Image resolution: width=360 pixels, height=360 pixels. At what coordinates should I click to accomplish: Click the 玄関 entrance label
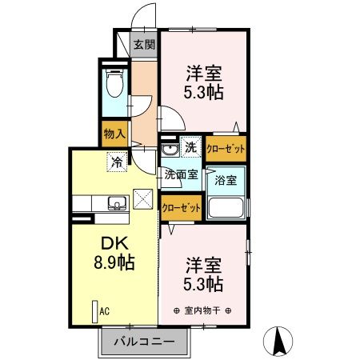click(x=144, y=46)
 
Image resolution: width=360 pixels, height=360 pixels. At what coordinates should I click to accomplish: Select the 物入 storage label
click(x=114, y=134)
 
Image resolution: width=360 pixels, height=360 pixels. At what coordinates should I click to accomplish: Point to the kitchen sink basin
click(x=117, y=203)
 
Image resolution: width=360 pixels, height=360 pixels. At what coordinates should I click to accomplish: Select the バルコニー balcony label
click(x=143, y=340)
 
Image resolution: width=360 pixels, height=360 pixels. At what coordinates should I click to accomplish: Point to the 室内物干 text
click(x=202, y=310)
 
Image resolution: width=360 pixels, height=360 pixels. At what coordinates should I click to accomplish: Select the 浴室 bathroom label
click(x=225, y=181)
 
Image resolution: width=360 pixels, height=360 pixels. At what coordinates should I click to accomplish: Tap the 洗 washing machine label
click(x=191, y=147)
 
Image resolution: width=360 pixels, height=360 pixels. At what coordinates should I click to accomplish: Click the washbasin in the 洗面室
click(x=170, y=150)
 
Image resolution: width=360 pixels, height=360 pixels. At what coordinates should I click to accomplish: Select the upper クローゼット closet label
click(x=225, y=147)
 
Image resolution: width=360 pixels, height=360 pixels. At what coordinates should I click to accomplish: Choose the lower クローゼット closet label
click(x=180, y=207)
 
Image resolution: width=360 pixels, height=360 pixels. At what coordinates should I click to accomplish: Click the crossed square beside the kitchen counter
click(x=142, y=197)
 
